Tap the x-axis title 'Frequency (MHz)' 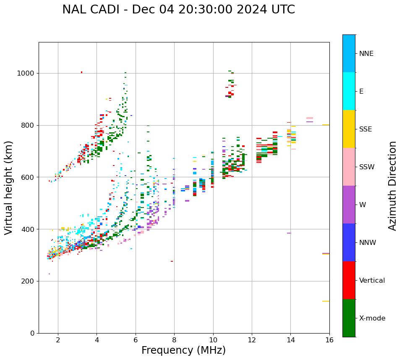pos(183,350)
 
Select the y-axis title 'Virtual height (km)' pos(9,188)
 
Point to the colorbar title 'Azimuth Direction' pos(392,186)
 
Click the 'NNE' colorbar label pos(366,54)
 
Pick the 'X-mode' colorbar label pos(372,318)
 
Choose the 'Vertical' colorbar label pos(372,281)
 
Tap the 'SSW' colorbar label pos(367,167)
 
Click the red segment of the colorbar pos(349,280)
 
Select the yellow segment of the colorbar pos(349,129)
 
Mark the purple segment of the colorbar pos(349,205)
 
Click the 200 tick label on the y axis pos(28,281)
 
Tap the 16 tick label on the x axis pos(329,340)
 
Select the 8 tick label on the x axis pos(174,340)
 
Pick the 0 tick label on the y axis pos(32,333)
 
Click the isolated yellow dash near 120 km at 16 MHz pos(326,301)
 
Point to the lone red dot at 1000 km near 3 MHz pos(81,72)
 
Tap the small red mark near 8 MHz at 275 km pos(172,261)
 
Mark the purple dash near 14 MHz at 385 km pos(289,233)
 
